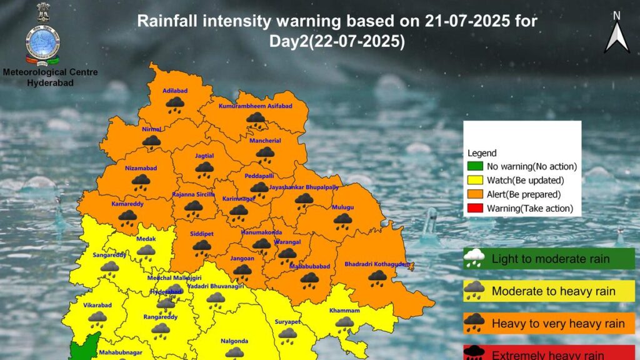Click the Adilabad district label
tap(174, 91)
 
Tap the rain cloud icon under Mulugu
tap(342, 219)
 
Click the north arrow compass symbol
tap(616, 34)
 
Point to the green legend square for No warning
tap(476, 166)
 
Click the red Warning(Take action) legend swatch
tap(476, 208)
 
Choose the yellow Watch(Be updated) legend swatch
tap(476, 180)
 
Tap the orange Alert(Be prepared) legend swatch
tap(476, 194)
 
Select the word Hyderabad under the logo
tap(50, 82)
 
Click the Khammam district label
tap(344, 311)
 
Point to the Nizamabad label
tap(140, 169)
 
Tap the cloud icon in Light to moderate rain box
tap(475, 257)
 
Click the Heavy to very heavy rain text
tap(558, 324)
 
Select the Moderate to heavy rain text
tap(553, 291)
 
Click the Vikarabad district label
tap(97, 306)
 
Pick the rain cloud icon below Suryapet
tap(287, 336)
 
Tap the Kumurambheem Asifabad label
tap(255, 106)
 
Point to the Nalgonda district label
tap(234, 341)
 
